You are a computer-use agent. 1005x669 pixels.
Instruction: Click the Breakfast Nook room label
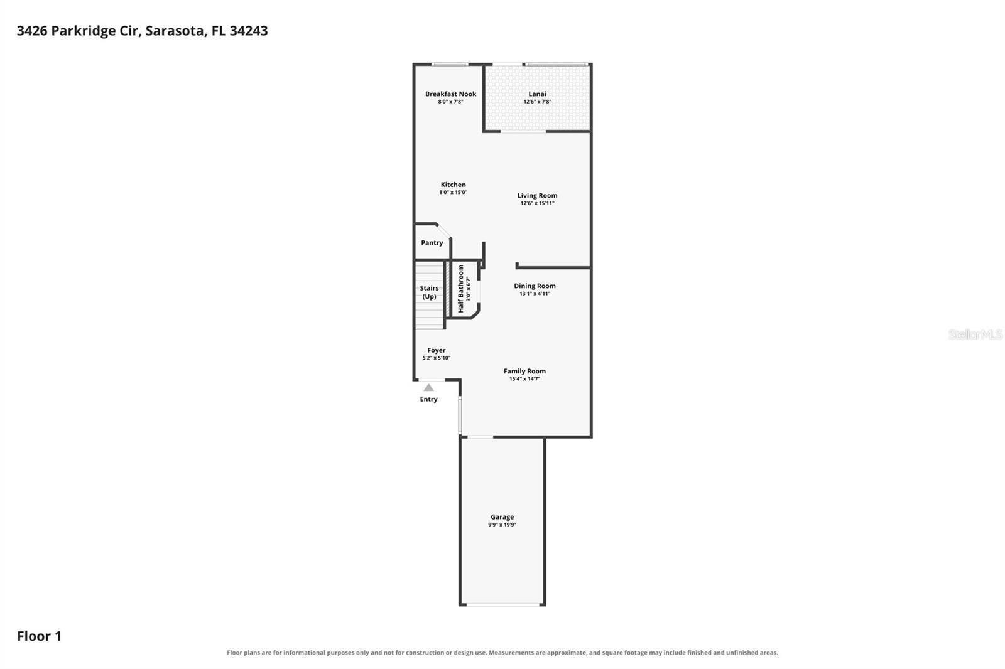tap(450, 94)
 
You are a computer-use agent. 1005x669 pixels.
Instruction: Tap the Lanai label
tap(537, 94)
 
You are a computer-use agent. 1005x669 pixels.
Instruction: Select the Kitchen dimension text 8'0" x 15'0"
tap(453, 193)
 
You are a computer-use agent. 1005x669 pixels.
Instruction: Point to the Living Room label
tap(537, 196)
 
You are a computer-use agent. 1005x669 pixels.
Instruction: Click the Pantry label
tap(432, 243)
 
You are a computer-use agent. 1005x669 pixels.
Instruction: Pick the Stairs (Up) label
tap(430, 292)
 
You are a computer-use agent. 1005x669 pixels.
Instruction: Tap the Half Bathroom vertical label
tap(461, 288)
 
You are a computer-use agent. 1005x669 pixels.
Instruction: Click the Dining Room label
tap(535, 286)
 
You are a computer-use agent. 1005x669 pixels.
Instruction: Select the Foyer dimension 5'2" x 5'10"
tap(436, 358)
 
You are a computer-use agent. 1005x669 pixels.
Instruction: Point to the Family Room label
tap(524, 371)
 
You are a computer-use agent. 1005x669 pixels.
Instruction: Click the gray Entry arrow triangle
tap(428, 388)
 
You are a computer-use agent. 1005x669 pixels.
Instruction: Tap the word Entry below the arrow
tap(428, 399)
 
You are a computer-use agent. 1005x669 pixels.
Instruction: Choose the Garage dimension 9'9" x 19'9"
tap(502, 525)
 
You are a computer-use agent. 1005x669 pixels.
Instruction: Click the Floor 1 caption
tap(39, 636)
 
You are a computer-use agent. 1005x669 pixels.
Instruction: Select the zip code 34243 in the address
tap(249, 31)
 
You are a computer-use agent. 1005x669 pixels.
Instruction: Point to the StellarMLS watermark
tap(975, 334)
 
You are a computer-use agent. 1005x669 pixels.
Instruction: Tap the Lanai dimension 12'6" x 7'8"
tap(537, 102)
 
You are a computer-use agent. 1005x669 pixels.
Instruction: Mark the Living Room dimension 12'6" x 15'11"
tap(537, 203)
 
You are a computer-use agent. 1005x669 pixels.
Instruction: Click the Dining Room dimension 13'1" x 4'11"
tap(535, 294)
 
